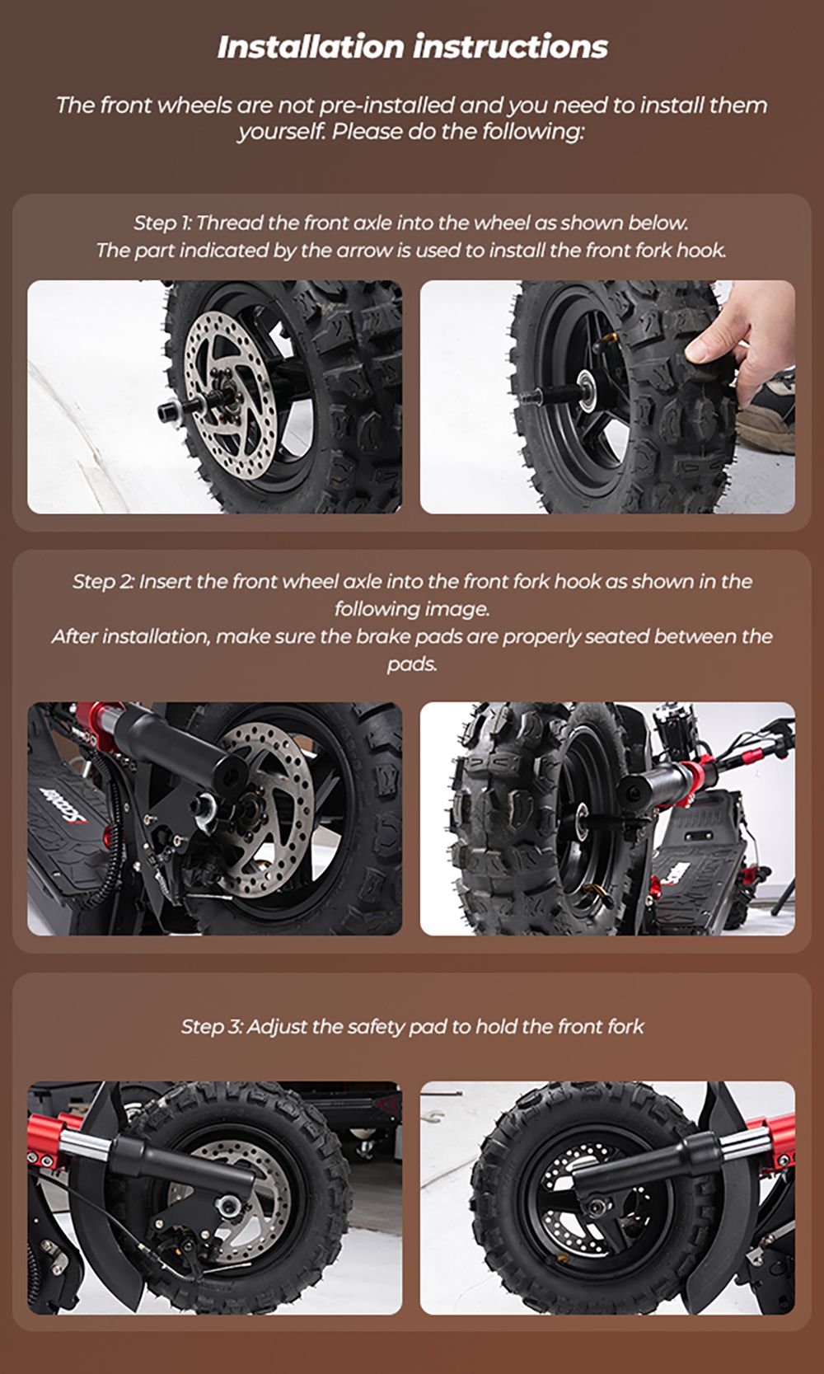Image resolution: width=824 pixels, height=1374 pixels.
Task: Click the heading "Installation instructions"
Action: pyautogui.click(x=412, y=47)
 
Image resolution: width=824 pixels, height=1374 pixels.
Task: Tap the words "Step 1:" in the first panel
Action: pyautogui.click(x=162, y=223)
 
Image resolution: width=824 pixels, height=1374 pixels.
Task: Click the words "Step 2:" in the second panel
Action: pyautogui.click(x=103, y=582)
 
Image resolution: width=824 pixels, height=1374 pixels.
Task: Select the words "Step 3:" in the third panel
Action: pyautogui.click(x=212, y=1027)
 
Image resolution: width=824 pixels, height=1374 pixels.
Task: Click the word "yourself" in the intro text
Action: pyautogui.click(x=280, y=132)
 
